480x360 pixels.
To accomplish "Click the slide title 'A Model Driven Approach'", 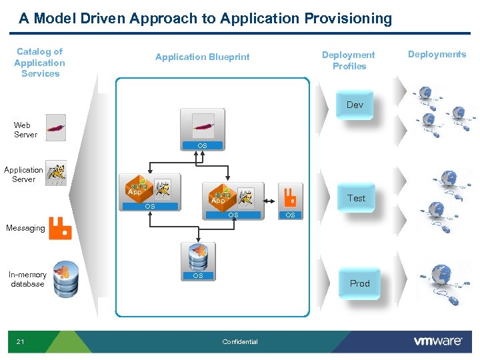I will tap(205, 19).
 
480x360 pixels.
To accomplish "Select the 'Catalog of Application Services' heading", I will tap(40, 63).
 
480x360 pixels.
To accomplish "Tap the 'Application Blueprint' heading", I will tap(202, 57).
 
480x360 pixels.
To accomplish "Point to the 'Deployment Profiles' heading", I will tap(349, 61).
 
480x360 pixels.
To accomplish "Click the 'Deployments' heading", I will tap(437, 55).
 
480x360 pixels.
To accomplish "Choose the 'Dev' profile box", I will tap(355, 105).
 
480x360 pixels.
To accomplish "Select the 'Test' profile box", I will tap(356, 198).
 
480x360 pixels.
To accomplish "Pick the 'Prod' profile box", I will tap(359, 284).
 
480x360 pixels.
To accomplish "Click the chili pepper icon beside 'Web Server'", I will tap(57, 127).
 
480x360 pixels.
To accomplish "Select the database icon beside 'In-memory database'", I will tap(66, 279).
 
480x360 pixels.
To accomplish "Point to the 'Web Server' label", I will tap(22, 130).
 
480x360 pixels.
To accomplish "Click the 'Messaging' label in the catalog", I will tap(25, 228).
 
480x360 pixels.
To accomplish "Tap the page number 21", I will tap(20, 342).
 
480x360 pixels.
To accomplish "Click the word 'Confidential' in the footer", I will tap(240, 342).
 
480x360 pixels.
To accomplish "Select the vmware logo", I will tap(438, 341).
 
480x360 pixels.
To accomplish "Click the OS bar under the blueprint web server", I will tap(202, 145).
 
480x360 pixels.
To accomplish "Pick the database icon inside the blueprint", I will tap(198, 256).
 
